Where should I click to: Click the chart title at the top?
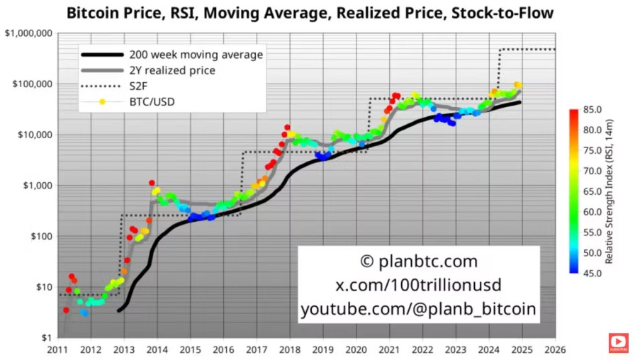pos(310,13)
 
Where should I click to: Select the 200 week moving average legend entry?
pos(196,55)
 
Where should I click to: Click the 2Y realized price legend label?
pos(172,70)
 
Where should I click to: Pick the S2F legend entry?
pos(138,86)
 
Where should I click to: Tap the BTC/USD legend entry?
pos(152,102)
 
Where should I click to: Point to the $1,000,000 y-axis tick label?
pos(28,33)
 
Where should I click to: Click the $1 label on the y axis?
pos(46,338)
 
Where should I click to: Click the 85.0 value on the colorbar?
pos(593,110)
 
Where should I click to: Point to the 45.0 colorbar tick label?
pos(593,273)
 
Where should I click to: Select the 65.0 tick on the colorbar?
pos(593,191)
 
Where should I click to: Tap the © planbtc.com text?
pos(418,261)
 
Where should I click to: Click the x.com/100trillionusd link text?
pos(418,285)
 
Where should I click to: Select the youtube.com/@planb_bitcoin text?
pos(418,309)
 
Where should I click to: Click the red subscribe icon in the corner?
pos(618,343)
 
